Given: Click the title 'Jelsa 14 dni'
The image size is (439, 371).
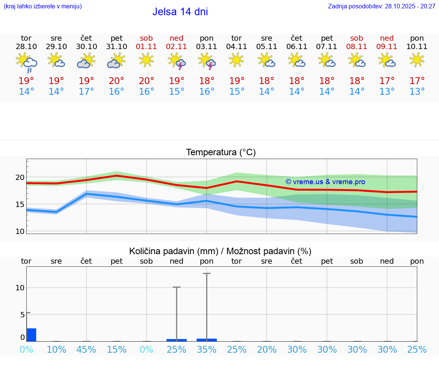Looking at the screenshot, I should coord(180,12).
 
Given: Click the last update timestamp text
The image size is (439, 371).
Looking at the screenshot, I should coord(381,6).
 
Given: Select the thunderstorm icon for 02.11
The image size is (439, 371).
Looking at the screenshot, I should coord(176,61).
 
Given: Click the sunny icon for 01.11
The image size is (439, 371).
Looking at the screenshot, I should coord(146,60).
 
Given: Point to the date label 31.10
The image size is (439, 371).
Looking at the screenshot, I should coord(116,47).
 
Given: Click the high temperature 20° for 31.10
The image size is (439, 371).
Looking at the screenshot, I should coord(116,81).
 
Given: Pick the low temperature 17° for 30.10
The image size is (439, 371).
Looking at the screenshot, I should coord(87,92).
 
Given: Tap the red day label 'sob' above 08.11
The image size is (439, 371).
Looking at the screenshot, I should coord(357,38).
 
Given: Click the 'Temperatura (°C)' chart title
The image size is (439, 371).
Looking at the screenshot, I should coord(221,152).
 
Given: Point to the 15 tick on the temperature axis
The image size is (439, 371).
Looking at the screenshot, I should coord(20,204).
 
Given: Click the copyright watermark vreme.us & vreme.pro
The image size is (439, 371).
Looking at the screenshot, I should coord(325,182).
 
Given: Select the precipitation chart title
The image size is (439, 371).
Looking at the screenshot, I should coord(220,251).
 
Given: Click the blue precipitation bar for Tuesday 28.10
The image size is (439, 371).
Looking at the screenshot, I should coord(31,335).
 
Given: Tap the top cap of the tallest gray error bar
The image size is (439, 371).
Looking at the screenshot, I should coord(207,273).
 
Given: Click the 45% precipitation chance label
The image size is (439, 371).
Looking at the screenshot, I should coord(87,349).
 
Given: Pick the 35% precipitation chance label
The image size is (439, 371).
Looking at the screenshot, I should coord(207,349).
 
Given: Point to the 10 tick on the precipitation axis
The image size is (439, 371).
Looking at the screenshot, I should coord(20,288).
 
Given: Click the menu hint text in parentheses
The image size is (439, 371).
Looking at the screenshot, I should coord(43,6).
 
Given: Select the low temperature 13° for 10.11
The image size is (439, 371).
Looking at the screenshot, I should coord(417,92).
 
